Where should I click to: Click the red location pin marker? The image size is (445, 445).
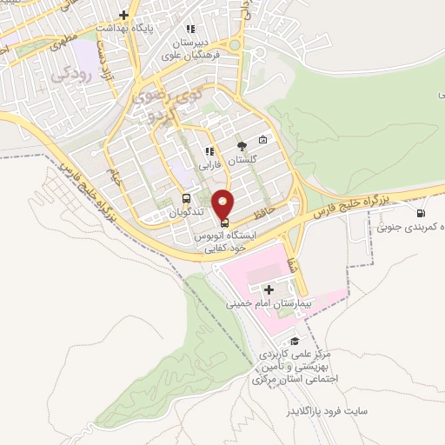point(224,204)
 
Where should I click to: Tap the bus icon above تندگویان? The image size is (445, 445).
point(186,199)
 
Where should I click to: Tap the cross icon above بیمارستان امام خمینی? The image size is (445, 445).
point(269,289)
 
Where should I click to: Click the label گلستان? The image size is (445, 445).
point(242,162)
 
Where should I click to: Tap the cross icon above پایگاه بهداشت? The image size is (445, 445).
point(124,15)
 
